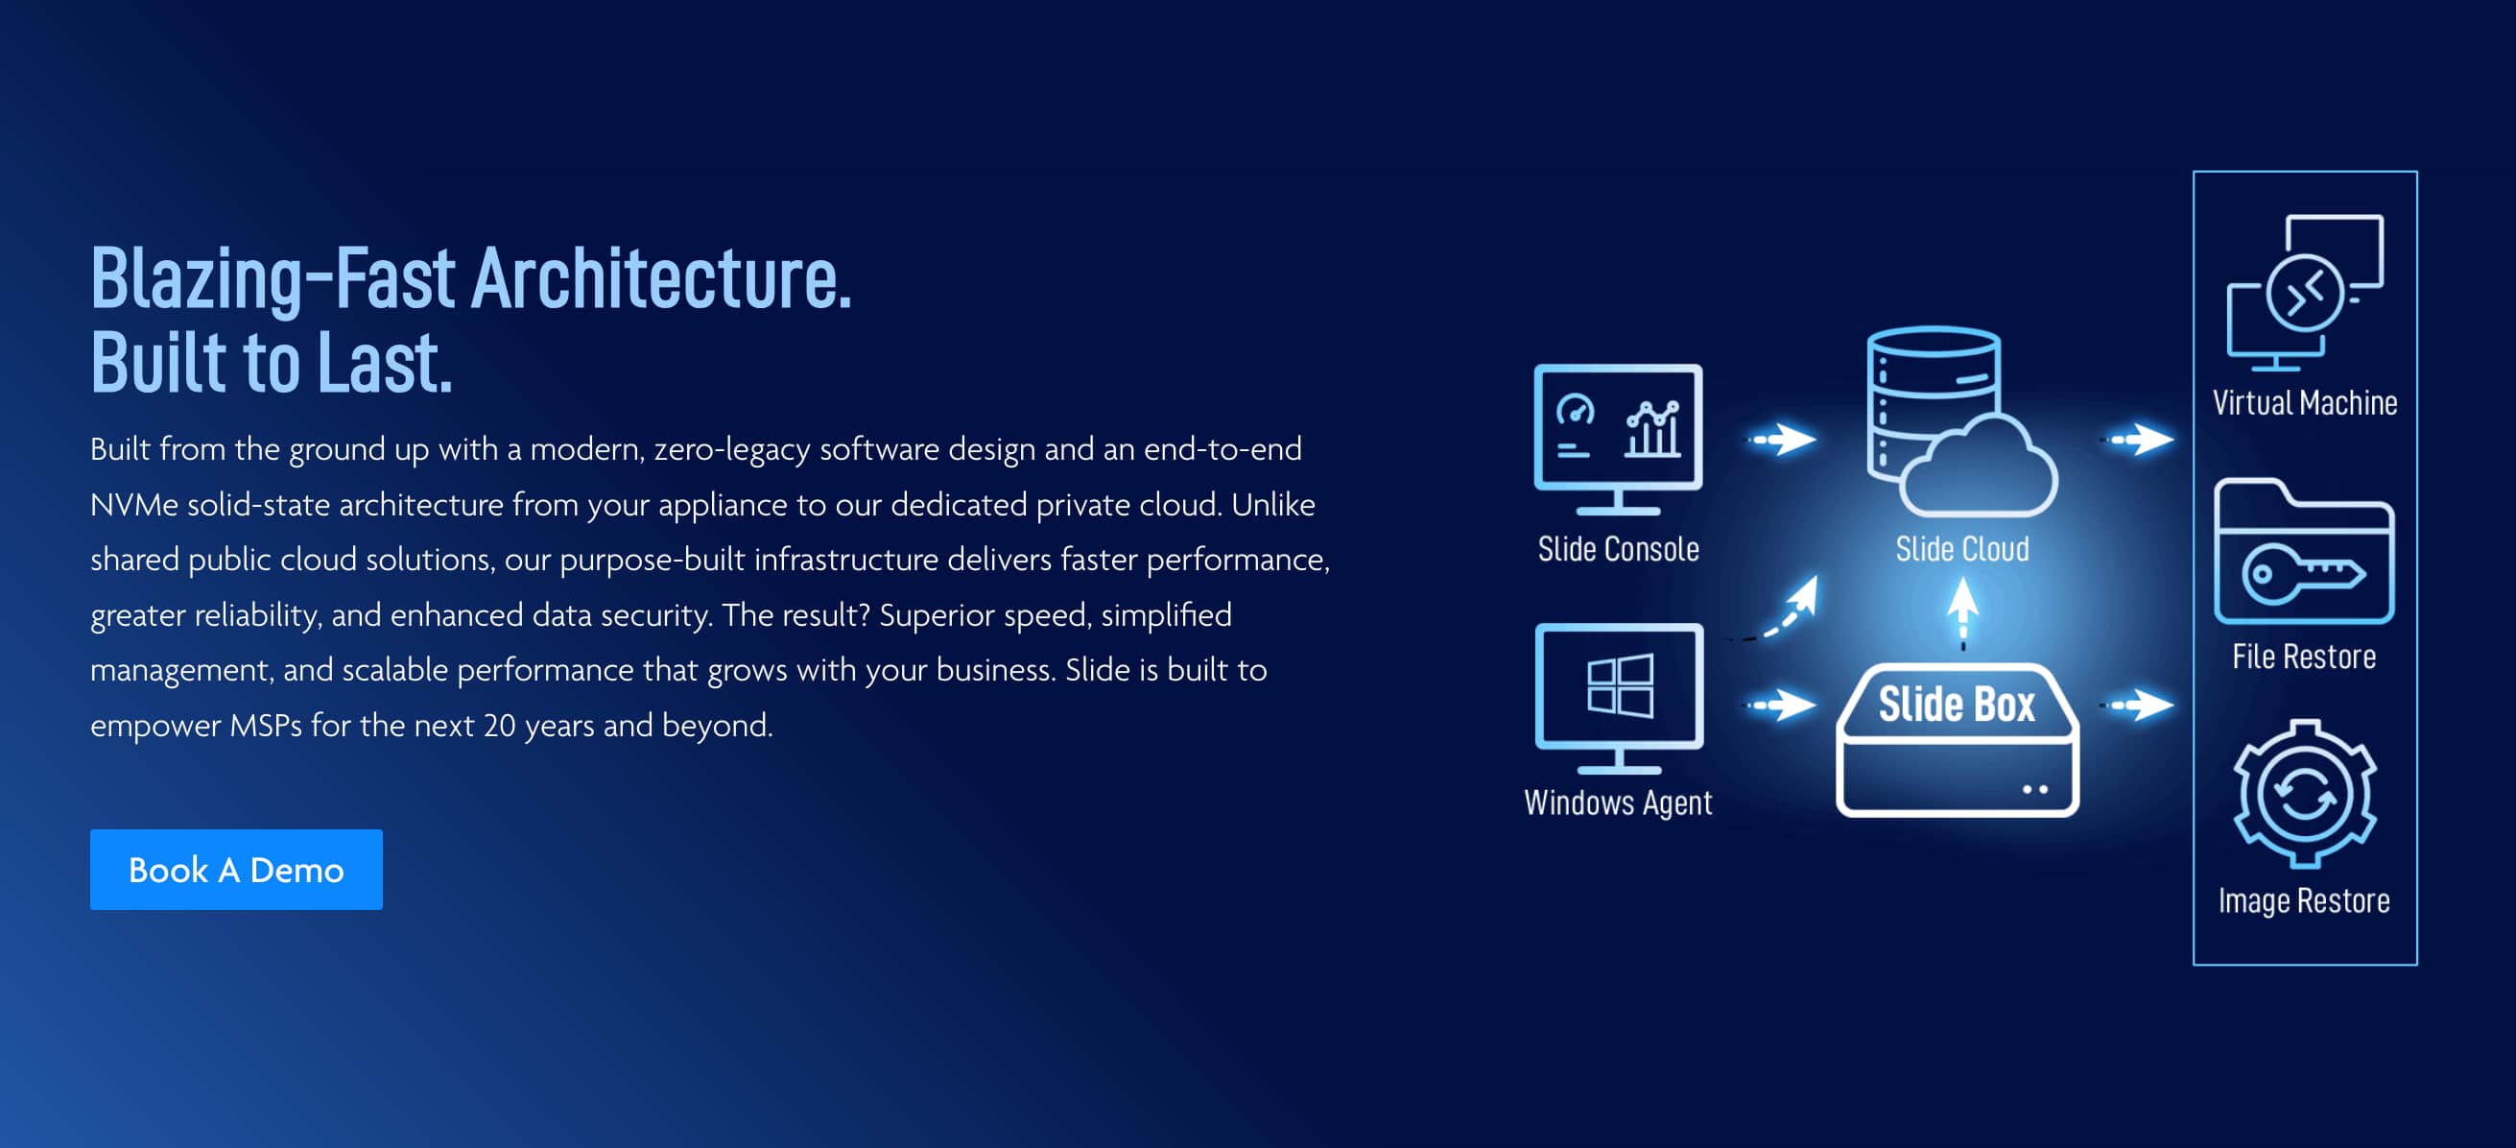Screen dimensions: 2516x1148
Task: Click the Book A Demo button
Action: pyautogui.click(x=236, y=869)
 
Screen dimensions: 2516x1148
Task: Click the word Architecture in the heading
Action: pyautogui.click(x=661, y=278)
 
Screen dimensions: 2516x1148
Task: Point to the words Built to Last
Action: pyautogui.click(x=272, y=363)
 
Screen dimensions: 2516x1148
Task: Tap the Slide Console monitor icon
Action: pyautogui.click(x=1618, y=439)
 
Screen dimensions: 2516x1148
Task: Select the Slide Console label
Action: pyautogui.click(x=1619, y=549)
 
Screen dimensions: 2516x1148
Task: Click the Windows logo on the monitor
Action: pyautogui.click(x=1621, y=686)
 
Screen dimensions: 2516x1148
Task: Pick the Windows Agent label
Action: pyautogui.click(x=1618, y=803)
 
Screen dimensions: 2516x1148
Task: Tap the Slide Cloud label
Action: pyautogui.click(x=1962, y=549)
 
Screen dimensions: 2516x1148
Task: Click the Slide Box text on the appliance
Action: pyautogui.click(x=1957, y=704)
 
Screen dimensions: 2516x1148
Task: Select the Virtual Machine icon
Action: pyautogui.click(x=2305, y=293)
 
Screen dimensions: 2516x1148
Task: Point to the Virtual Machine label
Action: pyautogui.click(x=2305, y=402)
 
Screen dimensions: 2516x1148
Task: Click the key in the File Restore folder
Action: pyautogui.click(x=2303, y=572)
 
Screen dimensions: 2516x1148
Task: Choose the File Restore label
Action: pyautogui.click(x=2304, y=657)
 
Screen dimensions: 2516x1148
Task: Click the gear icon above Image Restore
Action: pyautogui.click(x=2305, y=794)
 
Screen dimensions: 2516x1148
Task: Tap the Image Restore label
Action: pyautogui.click(x=2304, y=900)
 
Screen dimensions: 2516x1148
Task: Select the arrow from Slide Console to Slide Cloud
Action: pyautogui.click(x=1783, y=439)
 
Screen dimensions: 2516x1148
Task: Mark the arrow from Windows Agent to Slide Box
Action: pyautogui.click(x=1783, y=705)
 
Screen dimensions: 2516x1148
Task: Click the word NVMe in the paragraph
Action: pyautogui.click(x=133, y=505)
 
